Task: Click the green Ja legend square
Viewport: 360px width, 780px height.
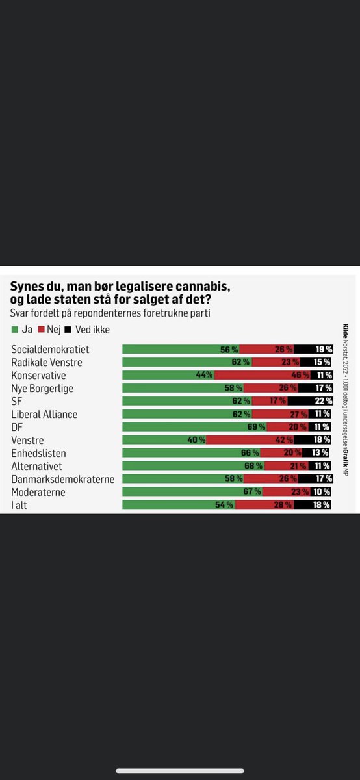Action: tap(15, 330)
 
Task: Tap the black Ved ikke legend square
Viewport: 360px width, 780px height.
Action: tap(70, 330)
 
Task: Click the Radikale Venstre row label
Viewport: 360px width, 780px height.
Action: tap(47, 363)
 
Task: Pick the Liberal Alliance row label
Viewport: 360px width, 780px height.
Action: tap(44, 414)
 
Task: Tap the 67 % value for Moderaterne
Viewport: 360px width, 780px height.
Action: tap(252, 492)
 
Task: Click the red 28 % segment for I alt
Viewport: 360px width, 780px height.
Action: tap(265, 505)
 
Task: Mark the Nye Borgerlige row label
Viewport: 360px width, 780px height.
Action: tap(42, 389)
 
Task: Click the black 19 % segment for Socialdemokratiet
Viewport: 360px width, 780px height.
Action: tap(313, 350)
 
